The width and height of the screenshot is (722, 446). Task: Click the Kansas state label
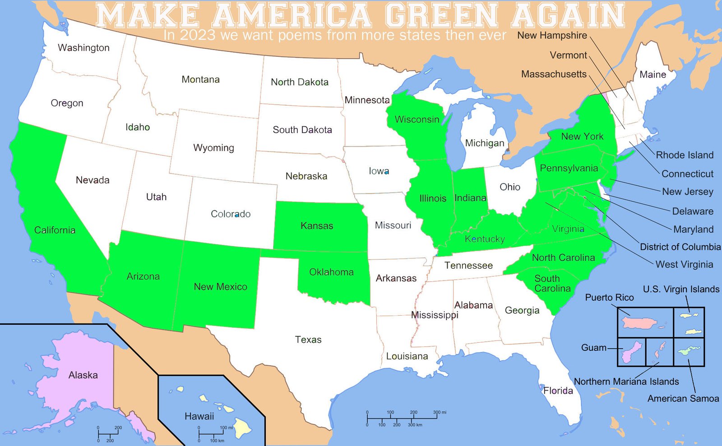(x=317, y=225)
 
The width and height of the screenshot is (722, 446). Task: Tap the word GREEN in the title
(x=442, y=15)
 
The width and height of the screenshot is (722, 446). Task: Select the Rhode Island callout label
(x=685, y=155)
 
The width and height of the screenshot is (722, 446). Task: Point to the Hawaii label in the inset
(x=199, y=416)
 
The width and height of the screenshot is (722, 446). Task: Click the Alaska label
(x=83, y=375)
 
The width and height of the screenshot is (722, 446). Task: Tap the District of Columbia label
(x=680, y=247)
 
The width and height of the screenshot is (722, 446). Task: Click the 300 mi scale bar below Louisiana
(x=402, y=418)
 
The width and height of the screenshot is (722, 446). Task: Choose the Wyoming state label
(x=213, y=148)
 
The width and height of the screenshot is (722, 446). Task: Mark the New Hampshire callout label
(x=552, y=35)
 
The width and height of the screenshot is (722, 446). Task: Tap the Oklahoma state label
(x=331, y=272)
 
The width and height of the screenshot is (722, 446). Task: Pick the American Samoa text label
(x=683, y=399)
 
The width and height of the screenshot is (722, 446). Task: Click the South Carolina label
(x=552, y=284)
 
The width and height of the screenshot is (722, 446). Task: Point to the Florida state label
(x=558, y=391)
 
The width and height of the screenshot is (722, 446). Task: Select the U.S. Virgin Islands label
(x=681, y=289)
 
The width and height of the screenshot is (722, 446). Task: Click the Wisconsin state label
(x=417, y=120)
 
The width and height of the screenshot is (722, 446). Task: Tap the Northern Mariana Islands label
(x=626, y=382)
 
